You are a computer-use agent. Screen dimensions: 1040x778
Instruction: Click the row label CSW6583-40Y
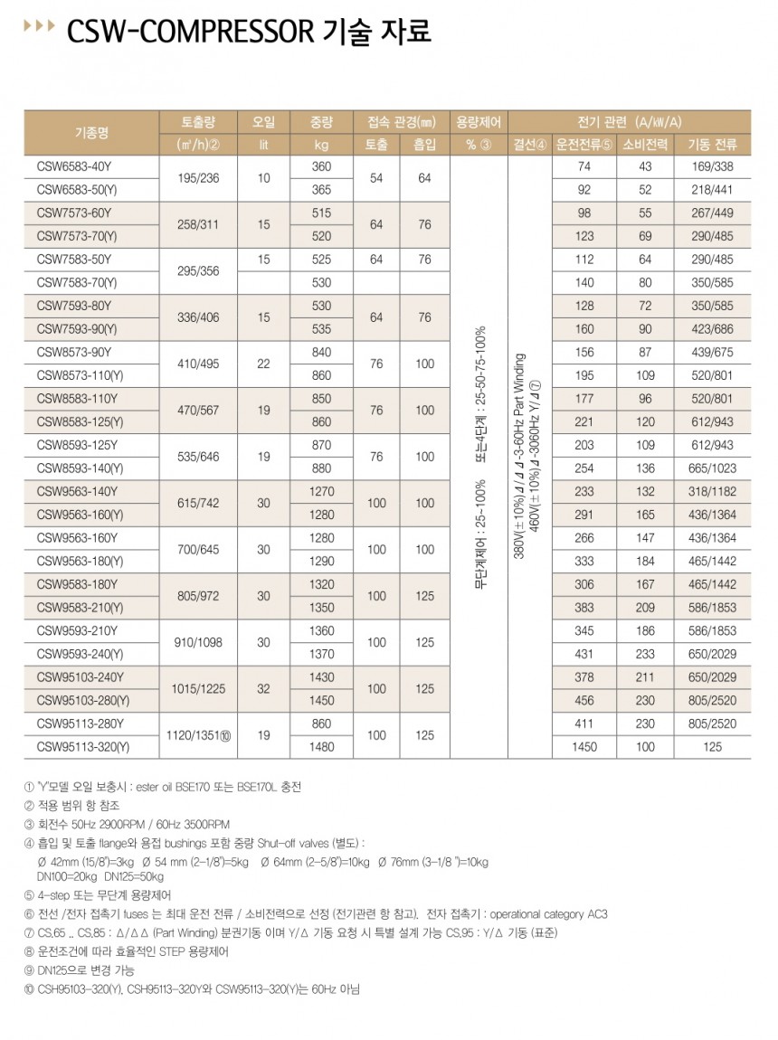click(72, 167)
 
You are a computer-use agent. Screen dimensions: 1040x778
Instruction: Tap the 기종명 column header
click(91, 133)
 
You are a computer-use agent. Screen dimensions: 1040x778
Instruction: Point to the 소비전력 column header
click(645, 145)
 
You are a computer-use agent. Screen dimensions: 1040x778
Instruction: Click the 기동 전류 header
click(713, 145)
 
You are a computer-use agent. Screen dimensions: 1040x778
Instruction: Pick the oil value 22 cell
click(263, 364)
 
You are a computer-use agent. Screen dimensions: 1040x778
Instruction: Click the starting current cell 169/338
click(713, 167)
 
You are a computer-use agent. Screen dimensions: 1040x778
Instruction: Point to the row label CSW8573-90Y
click(72, 353)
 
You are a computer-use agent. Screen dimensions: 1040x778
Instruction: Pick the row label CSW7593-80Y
click(72, 307)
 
